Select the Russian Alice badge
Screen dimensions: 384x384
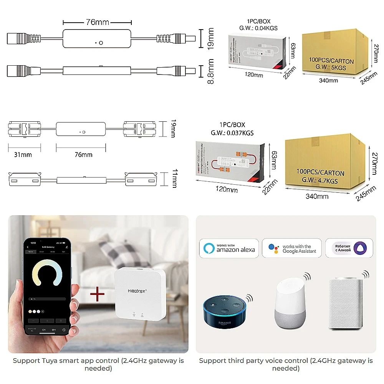(349, 248)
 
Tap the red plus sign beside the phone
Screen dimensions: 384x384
(97, 295)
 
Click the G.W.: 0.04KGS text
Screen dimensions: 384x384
(258, 28)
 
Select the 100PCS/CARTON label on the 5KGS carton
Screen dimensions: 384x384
(331, 61)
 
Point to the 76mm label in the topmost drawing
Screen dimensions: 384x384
(97, 22)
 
